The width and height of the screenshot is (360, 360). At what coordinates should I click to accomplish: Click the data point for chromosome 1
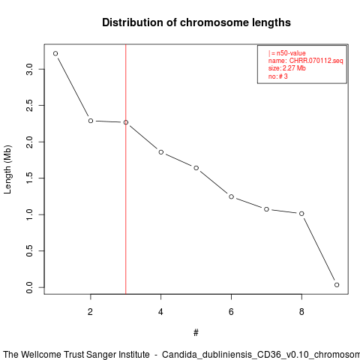pyautogui.click(x=55, y=53)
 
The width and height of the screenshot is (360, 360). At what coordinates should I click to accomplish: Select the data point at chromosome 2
pyautogui.click(x=91, y=121)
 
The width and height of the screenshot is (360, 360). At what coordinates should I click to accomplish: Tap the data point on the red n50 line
pyautogui.click(x=126, y=122)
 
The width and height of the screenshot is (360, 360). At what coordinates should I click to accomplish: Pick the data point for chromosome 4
pyautogui.click(x=161, y=152)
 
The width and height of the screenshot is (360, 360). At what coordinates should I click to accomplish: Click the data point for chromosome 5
pyautogui.click(x=196, y=168)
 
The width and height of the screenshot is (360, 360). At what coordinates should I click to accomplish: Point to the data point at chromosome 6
pyautogui.click(x=231, y=196)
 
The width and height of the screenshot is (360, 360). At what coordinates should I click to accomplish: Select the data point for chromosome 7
pyautogui.click(x=266, y=209)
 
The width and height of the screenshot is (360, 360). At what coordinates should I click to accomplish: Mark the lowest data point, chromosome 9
pyautogui.click(x=337, y=285)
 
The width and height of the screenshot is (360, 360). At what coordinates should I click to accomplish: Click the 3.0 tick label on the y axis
pyautogui.click(x=29, y=69)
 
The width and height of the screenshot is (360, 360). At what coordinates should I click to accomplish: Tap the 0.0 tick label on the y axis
pyautogui.click(x=29, y=287)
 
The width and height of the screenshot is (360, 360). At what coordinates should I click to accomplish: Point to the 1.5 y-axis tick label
pyautogui.click(x=29, y=178)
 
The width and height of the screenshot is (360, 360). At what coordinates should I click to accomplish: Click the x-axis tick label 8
pyautogui.click(x=301, y=311)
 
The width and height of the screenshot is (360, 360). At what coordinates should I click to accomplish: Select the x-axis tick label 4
pyautogui.click(x=160, y=311)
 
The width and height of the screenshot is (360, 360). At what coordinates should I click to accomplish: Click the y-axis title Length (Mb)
pyautogui.click(x=7, y=169)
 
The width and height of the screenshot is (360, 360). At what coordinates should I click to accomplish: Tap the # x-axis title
pyautogui.click(x=196, y=333)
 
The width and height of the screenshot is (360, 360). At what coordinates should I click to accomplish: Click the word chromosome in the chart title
pyautogui.click(x=214, y=22)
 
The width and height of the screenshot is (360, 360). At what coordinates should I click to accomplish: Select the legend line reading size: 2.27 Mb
pyautogui.click(x=287, y=68)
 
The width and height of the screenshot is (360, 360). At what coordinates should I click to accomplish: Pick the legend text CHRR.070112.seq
pyautogui.click(x=316, y=61)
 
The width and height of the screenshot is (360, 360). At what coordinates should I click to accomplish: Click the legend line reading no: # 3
pyautogui.click(x=278, y=76)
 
